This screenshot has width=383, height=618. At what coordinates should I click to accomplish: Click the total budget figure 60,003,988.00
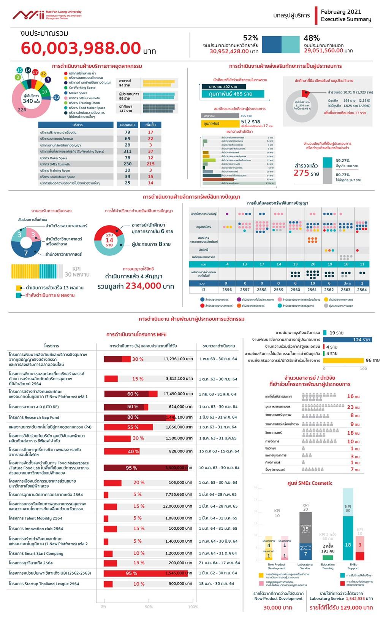(x=81, y=48)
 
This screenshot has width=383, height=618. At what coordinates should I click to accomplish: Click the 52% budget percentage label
(x=250, y=38)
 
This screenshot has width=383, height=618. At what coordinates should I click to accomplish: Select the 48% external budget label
(x=312, y=38)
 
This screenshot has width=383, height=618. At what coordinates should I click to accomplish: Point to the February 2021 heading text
(x=341, y=12)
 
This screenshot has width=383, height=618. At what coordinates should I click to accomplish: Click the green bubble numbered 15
(x=20, y=70)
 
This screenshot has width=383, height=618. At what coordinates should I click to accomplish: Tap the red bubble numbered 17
(x=35, y=72)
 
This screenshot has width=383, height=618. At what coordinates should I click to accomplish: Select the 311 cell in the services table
(x=127, y=151)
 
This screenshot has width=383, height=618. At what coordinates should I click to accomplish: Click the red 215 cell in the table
(x=150, y=164)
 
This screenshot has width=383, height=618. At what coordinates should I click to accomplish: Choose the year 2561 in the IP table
(x=312, y=290)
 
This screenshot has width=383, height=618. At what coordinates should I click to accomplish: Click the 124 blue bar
(x=347, y=339)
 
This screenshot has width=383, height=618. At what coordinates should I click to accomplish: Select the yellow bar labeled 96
(x=343, y=360)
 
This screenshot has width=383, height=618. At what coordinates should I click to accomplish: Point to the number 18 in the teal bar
(x=348, y=545)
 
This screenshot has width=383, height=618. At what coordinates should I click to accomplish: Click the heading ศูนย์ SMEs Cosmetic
(x=310, y=483)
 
